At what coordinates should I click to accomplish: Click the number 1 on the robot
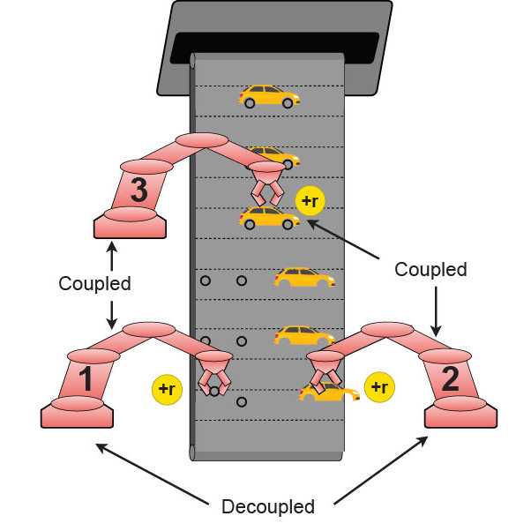[x=85, y=379]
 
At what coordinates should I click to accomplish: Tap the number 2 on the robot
[x=450, y=378]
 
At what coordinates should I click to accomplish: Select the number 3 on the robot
[x=138, y=191]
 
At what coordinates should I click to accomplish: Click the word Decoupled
[x=268, y=507]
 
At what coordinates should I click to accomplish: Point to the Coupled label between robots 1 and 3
[x=94, y=284]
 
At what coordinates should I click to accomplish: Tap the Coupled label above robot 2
[x=430, y=269]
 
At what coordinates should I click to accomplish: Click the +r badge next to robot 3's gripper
[x=310, y=201]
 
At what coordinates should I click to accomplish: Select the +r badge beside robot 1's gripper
[x=166, y=388]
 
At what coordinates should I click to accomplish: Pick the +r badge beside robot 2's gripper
[x=378, y=387]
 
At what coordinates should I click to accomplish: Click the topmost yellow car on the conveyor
[x=268, y=96]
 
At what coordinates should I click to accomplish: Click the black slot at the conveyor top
[x=274, y=45]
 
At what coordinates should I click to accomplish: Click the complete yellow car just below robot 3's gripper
[x=268, y=218]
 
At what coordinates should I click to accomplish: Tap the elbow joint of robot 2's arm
[x=388, y=331]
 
